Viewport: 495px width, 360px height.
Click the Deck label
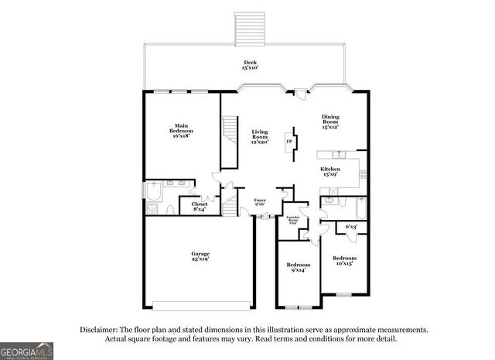tap(250, 65)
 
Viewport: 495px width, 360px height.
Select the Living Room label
tap(259, 136)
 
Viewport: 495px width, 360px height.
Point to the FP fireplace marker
tap(288, 142)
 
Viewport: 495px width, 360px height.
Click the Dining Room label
tap(330, 122)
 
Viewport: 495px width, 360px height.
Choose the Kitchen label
tap(330, 172)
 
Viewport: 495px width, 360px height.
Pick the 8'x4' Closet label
tap(200, 207)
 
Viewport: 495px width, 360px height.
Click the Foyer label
tap(261, 204)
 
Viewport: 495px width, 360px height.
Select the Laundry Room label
tap(293, 220)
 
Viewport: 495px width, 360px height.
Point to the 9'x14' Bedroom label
tap(298, 267)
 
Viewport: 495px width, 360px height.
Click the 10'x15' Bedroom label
tap(345, 261)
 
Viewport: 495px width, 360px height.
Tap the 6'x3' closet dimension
tap(351, 227)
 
